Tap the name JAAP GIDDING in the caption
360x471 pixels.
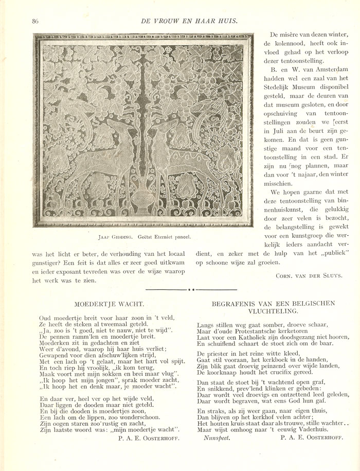[117, 237]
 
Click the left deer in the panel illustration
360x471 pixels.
[108, 154]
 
